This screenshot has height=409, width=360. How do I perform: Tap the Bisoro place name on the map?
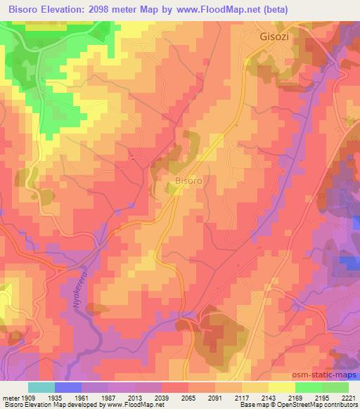pyautogui.click(x=188, y=181)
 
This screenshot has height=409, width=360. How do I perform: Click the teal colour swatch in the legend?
pyautogui.click(x=41, y=387)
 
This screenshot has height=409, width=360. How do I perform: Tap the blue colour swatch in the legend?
pyautogui.click(x=68, y=387)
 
